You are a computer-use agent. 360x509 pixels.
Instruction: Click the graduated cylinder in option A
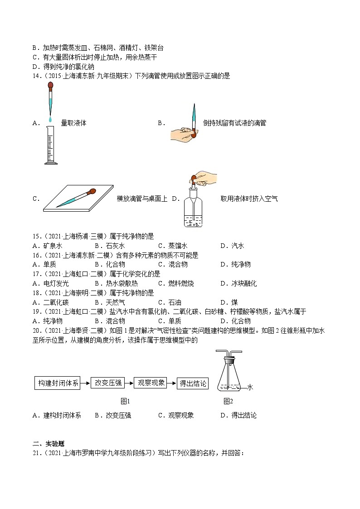[50, 145]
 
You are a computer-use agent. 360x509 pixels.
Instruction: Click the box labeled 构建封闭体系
[58, 383]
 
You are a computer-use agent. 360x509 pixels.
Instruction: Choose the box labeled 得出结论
[193, 383]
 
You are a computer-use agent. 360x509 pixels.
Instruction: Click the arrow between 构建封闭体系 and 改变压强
[86, 383]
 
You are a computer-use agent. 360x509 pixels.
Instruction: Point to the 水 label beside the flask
[250, 388]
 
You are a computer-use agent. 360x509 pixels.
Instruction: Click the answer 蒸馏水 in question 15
[178, 246]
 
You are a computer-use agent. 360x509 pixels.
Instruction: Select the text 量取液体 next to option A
[73, 123]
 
